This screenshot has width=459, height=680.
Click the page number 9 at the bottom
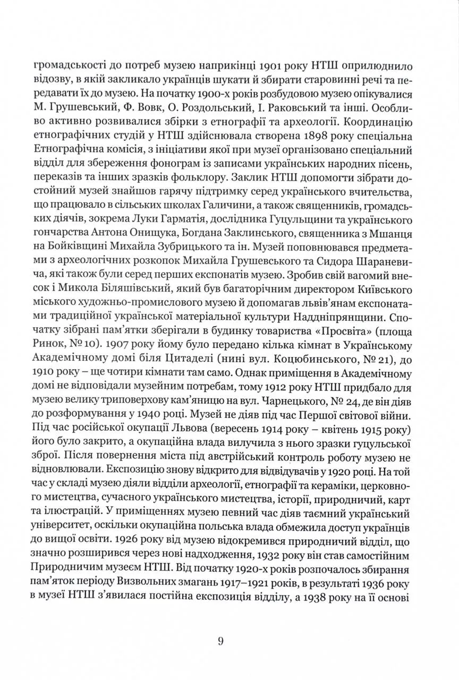[x=220, y=641]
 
